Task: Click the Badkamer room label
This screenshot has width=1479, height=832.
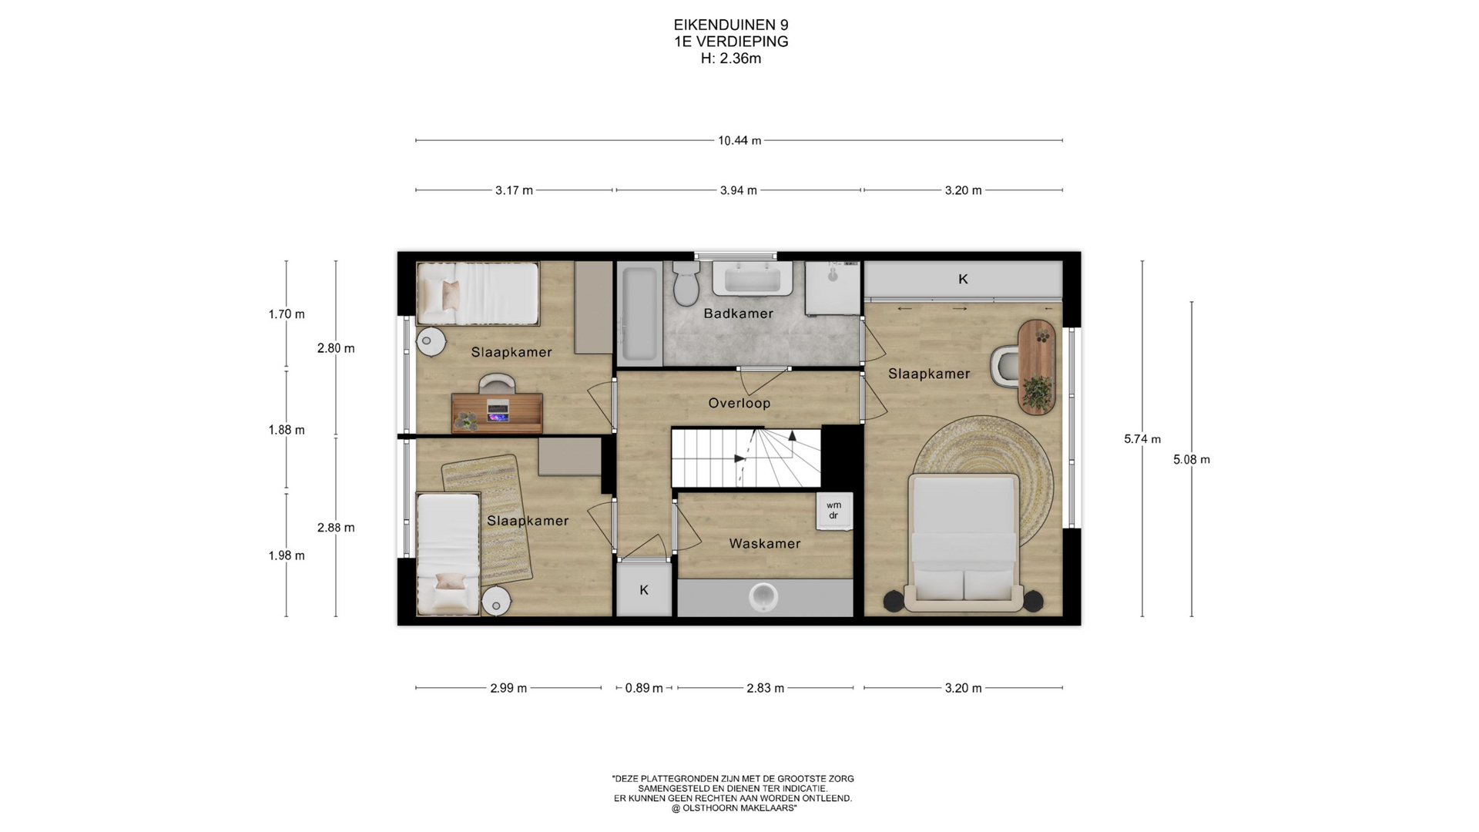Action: tap(738, 314)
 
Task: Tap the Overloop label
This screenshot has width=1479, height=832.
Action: tap(739, 403)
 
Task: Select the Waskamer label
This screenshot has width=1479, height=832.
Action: tap(765, 544)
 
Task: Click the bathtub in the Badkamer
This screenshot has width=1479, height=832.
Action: tap(639, 314)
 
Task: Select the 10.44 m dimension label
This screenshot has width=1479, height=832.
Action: tap(739, 141)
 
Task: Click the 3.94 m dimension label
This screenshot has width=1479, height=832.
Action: tap(738, 190)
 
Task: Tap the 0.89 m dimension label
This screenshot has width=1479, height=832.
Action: tap(644, 688)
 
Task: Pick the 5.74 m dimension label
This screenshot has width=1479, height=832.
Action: tap(1142, 439)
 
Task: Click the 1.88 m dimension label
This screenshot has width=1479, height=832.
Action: tap(287, 430)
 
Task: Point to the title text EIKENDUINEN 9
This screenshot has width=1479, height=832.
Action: tap(730, 25)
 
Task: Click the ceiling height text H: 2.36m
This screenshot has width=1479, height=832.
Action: tap(730, 59)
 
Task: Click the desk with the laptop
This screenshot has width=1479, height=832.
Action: tap(497, 412)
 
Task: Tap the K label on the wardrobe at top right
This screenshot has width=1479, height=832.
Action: tap(963, 279)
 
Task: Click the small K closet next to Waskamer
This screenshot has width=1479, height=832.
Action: tap(644, 589)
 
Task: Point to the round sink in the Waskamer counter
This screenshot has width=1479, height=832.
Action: tap(763, 597)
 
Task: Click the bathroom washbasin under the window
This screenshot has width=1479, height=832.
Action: tap(753, 278)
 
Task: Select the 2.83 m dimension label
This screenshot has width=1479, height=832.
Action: tap(765, 688)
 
